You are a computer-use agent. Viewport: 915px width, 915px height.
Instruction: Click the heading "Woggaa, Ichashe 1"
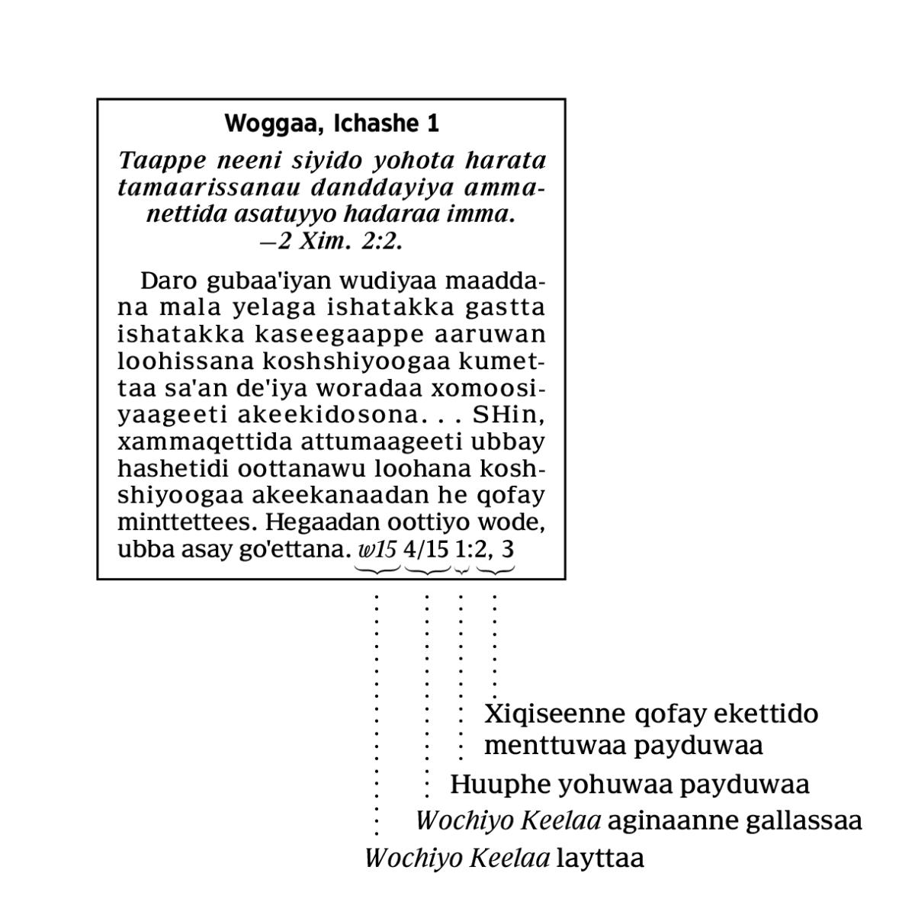click(x=332, y=124)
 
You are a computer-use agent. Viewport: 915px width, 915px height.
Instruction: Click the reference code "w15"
click(x=378, y=549)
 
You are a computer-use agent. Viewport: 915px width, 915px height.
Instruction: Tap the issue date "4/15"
click(x=426, y=549)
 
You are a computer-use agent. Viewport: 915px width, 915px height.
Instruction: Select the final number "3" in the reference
click(x=508, y=549)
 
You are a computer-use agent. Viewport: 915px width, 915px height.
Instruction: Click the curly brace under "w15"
click(x=378, y=570)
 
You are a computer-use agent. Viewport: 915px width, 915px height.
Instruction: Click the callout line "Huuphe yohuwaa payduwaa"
click(x=629, y=784)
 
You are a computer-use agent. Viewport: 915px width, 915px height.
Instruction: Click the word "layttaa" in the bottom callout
click(x=600, y=859)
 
